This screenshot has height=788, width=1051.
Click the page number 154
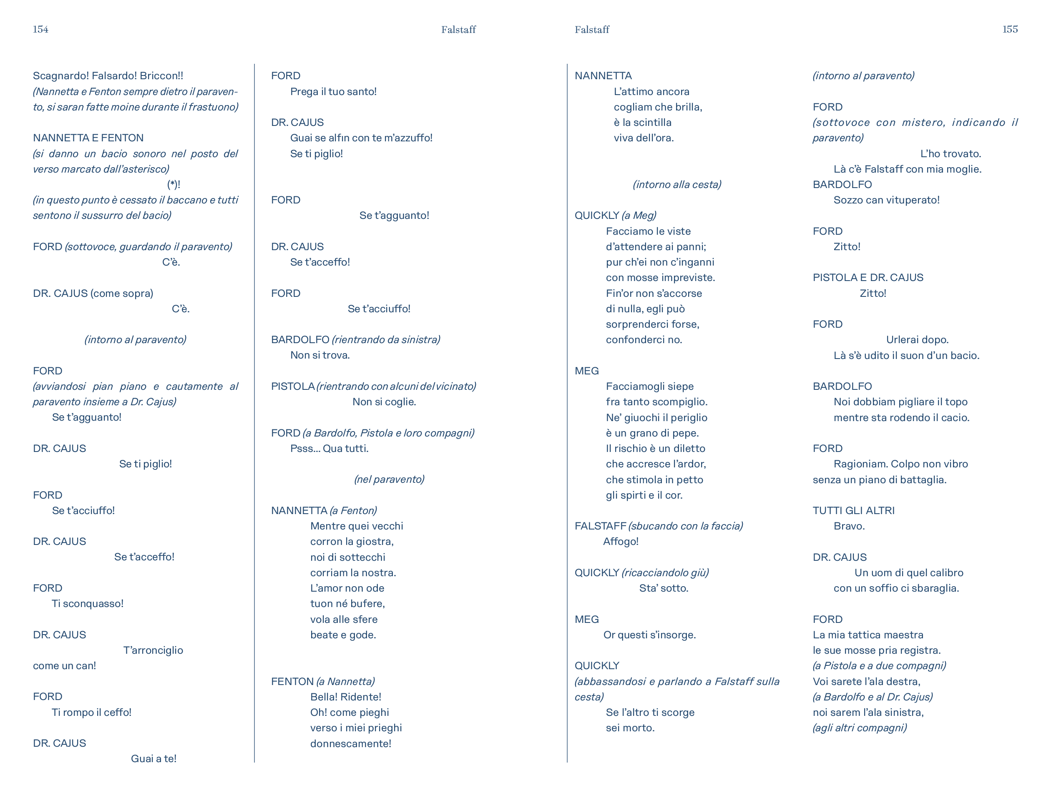pos(40,30)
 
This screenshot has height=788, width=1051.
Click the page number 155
pos(1010,30)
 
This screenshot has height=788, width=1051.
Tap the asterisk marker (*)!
pos(173,184)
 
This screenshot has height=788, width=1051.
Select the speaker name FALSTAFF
pos(600,526)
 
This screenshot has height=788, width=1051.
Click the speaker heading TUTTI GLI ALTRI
pos(853,511)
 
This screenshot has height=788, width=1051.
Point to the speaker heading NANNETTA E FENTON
pos(88,138)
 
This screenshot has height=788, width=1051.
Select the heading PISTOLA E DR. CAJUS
pos(867,277)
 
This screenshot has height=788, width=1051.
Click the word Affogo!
pos(621,542)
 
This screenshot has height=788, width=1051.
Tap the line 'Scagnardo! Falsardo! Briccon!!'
pos(108,75)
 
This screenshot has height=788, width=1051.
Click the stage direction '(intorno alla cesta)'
pos(676,184)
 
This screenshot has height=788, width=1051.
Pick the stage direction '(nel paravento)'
pos(389,479)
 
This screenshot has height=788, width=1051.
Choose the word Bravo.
pos(849,526)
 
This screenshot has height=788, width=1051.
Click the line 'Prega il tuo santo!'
pos(333,91)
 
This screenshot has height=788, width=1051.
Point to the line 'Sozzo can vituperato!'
pos(886,200)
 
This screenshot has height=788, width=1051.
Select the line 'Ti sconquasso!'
pos(88,603)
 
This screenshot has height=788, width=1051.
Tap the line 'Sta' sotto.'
pos(663,588)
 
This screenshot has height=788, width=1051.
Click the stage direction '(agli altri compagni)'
pos(860,728)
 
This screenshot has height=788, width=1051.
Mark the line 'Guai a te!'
pos(153,758)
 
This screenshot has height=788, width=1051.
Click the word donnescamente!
pos(351,743)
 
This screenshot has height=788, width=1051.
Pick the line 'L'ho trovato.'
pos(950,153)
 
